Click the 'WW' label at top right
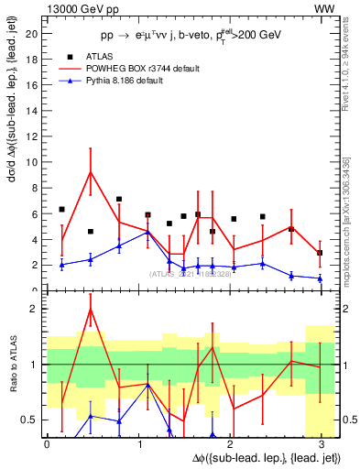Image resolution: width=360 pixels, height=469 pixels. pos(324,8)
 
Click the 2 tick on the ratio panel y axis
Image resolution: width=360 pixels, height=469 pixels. pos(37,309)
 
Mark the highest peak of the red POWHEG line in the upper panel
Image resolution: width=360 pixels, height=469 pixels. pos(90,171)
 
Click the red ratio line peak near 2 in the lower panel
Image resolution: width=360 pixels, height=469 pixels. pos(90,309)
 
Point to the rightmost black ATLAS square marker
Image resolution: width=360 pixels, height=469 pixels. pos(320,253)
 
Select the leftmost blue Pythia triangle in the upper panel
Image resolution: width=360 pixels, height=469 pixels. pos(61,265)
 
